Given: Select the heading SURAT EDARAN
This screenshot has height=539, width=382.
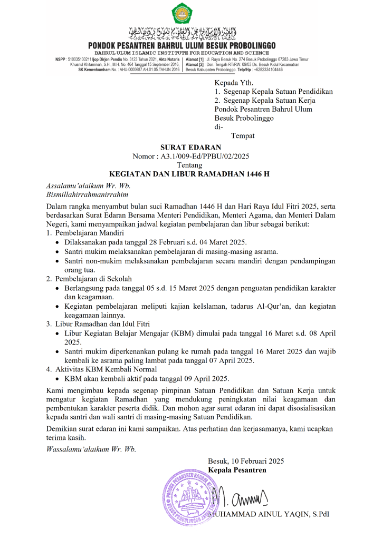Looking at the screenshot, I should pyautogui.click(x=190, y=147).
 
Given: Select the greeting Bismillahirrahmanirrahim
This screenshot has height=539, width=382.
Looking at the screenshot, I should pyautogui.click(x=88, y=194).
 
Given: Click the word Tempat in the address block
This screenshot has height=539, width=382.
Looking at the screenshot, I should pyautogui.click(x=243, y=135).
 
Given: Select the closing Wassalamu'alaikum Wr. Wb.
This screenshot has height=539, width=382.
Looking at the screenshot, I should pyautogui.click(x=91, y=449).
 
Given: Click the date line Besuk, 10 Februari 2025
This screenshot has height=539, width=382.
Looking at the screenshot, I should pyautogui.click(x=246, y=461).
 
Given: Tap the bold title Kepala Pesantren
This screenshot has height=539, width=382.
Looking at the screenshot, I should pyautogui.click(x=237, y=470).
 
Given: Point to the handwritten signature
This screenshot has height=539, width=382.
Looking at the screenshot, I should pyautogui.click(x=243, y=497).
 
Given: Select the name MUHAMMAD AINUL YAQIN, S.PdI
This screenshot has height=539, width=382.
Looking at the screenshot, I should pyautogui.click(x=269, y=514).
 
